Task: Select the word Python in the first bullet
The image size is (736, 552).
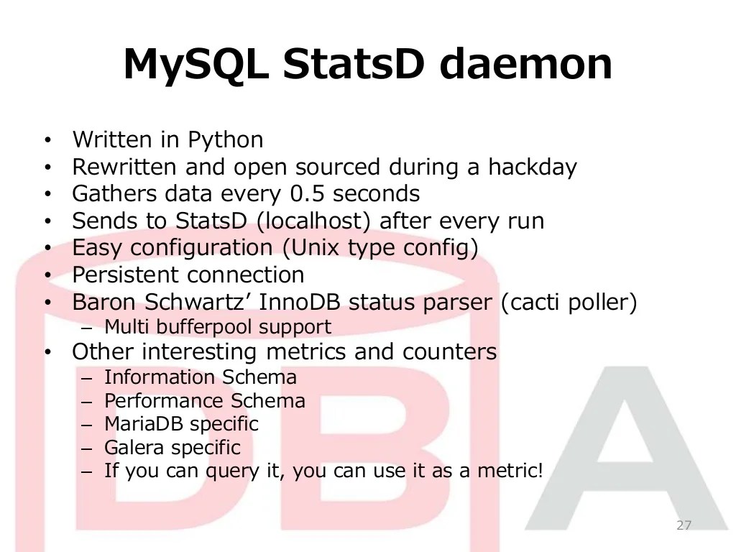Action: click(x=226, y=139)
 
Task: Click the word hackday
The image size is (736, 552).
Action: click(x=533, y=167)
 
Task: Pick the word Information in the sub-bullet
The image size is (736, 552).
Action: click(x=160, y=377)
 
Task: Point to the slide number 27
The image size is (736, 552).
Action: click(x=684, y=525)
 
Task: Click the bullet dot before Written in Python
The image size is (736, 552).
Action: click(x=47, y=140)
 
